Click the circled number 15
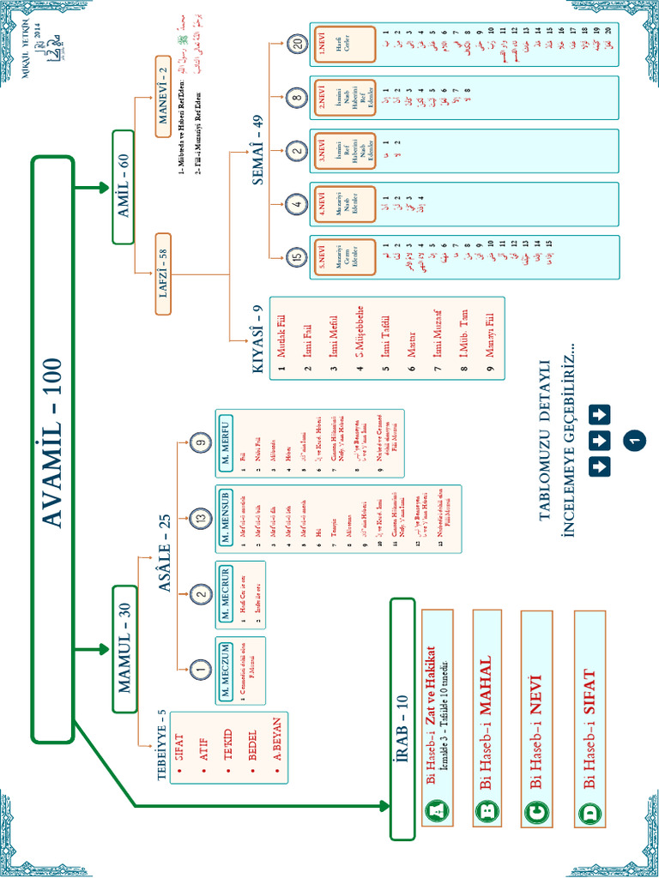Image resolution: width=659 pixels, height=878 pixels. tap(297, 257)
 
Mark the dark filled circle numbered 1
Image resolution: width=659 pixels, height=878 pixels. tap(635, 439)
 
